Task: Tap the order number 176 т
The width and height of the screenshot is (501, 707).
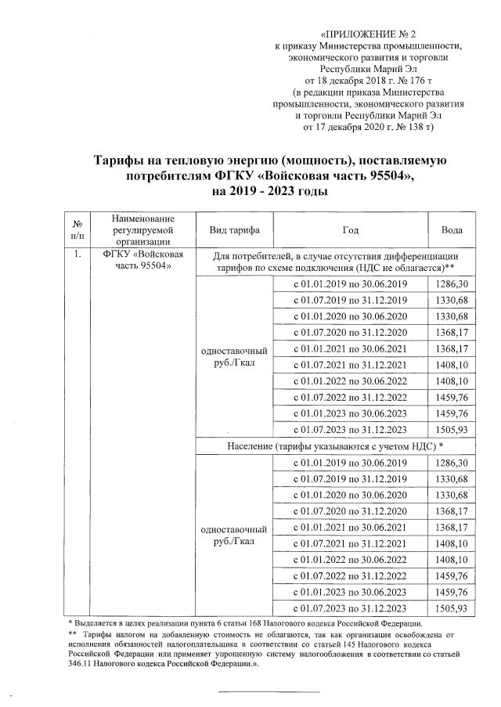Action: point(405,80)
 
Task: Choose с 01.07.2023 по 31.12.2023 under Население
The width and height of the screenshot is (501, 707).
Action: point(350,608)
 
